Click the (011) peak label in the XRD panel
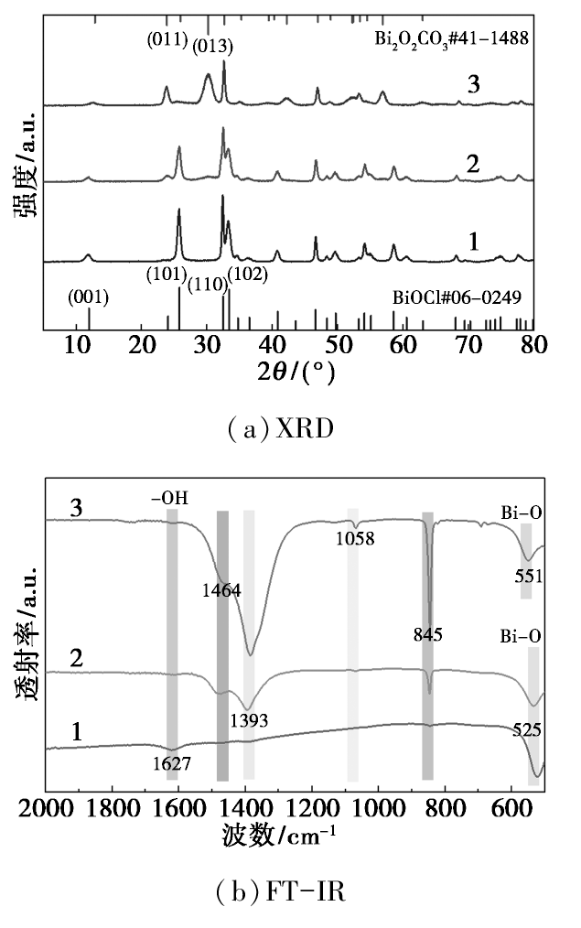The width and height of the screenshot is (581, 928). click(167, 40)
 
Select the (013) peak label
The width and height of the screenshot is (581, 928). click(213, 46)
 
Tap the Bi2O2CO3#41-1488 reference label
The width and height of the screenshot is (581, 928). click(451, 39)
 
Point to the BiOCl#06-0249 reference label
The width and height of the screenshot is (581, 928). click(457, 297)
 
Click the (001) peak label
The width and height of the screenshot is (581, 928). click(88, 297)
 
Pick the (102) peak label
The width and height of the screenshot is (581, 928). click(247, 274)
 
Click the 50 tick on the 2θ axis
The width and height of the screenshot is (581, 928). click(338, 344)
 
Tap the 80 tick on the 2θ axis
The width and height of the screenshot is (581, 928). click(534, 344)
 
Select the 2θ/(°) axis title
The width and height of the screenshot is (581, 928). click(296, 372)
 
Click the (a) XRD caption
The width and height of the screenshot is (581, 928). click(281, 428)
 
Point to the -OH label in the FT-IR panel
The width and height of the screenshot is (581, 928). click(169, 499)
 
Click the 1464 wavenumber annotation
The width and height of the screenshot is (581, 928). click(221, 590)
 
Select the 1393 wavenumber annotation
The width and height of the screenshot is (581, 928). click(249, 720)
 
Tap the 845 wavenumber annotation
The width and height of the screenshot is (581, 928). click(428, 635)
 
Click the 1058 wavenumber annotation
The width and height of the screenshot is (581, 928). click(356, 538)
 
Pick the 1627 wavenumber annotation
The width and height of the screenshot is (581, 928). click(172, 764)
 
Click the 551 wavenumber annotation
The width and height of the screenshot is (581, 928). click(528, 576)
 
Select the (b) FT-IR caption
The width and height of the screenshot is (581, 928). click(281, 890)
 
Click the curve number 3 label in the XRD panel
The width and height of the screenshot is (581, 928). click(473, 85)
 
